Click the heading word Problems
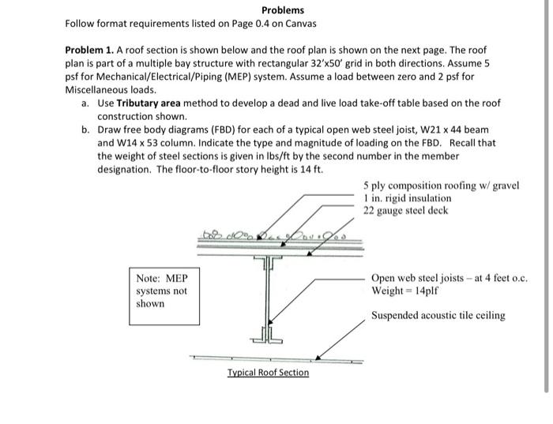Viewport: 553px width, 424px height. click(282, 10)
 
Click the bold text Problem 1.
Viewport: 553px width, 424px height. click(90, 49)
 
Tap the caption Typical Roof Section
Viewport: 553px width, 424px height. click(268, 372)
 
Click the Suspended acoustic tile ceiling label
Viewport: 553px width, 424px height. click(438, 316)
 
